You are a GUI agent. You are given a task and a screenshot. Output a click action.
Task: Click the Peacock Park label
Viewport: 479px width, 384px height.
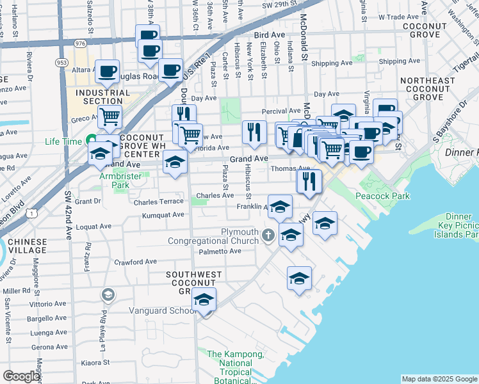click(x=382, y=196)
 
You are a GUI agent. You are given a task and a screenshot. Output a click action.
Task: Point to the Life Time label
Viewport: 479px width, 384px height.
click(x=64, y=141)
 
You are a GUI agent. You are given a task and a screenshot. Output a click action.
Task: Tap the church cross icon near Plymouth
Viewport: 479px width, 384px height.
click(x=268, y=236)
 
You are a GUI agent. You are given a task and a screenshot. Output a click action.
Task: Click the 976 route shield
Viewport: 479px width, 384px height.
click(x=80, y=43)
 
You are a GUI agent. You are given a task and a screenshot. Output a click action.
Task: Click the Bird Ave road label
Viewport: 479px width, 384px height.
click(x=269, y=35)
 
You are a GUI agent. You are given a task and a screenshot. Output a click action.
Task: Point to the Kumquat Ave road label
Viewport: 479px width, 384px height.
click(x=163, y=215)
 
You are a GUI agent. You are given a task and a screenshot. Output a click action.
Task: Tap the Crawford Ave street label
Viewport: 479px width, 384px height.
click(x=135, y=262)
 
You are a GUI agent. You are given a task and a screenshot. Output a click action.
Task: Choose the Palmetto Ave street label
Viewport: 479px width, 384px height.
click(x=219, y=251)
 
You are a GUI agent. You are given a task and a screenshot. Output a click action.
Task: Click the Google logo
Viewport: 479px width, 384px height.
click(x=21, y=376)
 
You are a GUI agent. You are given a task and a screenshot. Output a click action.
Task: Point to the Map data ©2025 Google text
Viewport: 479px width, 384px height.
click(x=439, y=379)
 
